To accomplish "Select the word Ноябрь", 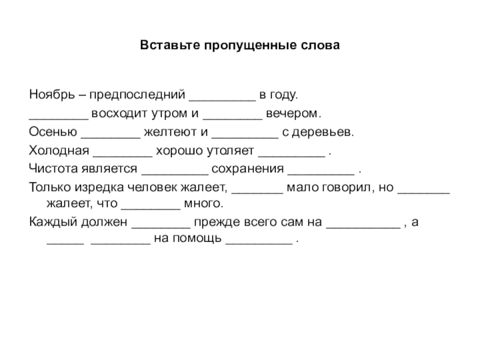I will (50, 95).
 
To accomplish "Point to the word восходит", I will (118, 114).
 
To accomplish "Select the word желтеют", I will (170, 133).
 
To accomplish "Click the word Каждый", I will (51, 222).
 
